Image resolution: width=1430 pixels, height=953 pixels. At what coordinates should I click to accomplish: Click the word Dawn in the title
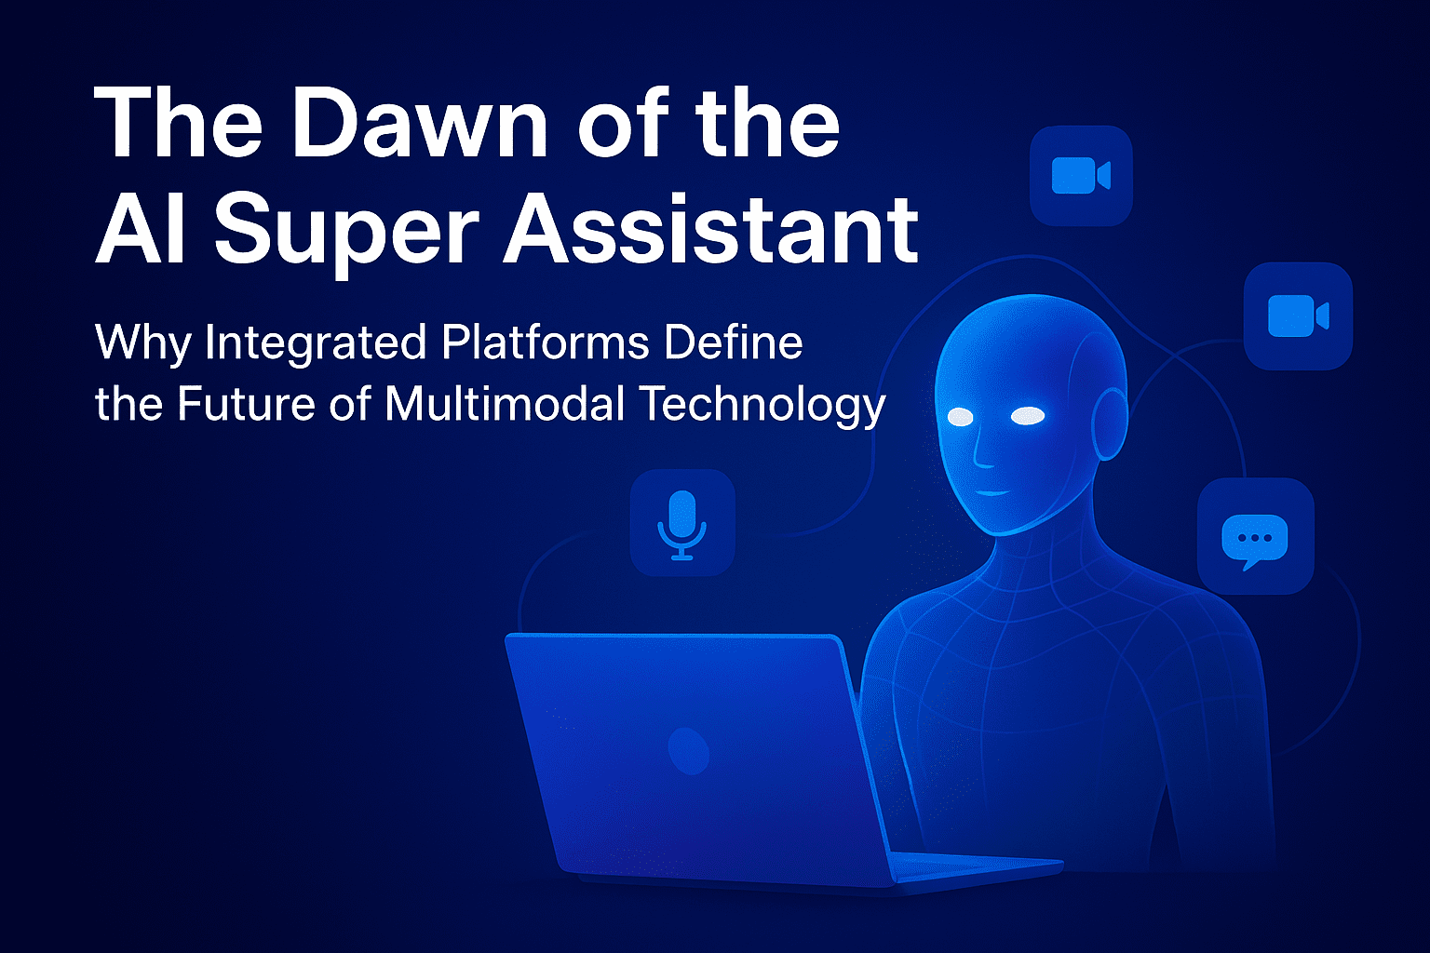420,122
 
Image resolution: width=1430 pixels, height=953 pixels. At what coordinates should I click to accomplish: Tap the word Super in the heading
346,230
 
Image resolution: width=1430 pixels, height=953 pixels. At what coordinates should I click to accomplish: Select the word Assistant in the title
711,228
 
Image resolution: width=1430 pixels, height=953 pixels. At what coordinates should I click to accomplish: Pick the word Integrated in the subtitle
316,344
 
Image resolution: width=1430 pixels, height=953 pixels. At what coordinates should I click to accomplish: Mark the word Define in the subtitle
734,342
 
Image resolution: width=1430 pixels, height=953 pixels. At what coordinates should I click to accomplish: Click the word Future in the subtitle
246,403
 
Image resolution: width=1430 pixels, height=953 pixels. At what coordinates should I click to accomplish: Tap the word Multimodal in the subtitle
505,402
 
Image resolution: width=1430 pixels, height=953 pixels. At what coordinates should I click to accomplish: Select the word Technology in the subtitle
762,406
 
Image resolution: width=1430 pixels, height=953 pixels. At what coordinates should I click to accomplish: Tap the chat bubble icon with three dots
1254,540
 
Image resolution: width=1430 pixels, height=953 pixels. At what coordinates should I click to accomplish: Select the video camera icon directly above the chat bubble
1298,315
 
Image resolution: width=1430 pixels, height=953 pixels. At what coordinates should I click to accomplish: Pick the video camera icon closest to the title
1081,175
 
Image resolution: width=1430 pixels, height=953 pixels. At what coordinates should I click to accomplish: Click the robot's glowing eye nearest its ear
1028,416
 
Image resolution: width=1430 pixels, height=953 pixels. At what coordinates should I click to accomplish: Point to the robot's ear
1110,423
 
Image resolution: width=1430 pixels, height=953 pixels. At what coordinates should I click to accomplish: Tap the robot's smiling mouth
992,492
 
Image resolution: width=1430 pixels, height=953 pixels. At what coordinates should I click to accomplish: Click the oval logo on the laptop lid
688,751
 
